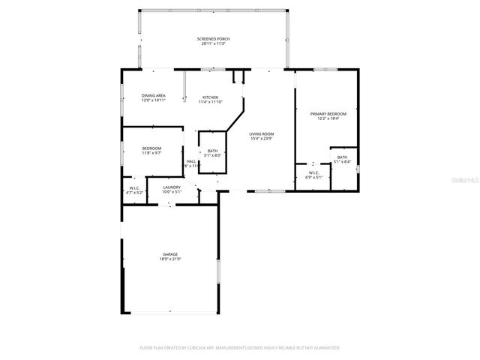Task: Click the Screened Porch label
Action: point(213,38)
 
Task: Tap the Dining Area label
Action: point(153,96)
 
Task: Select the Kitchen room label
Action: point(210,97)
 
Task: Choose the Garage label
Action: point(170,254)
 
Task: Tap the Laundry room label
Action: point(172,187)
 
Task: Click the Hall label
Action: point(191,161)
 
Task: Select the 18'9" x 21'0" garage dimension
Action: point(170,259)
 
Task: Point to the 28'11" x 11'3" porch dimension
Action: point(213,43)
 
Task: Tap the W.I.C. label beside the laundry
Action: point(135,187)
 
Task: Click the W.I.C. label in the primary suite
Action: point(313,172)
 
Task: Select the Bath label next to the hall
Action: point(213,151)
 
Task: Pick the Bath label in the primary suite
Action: point(342,157)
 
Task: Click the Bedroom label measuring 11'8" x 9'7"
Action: point(151,148)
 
